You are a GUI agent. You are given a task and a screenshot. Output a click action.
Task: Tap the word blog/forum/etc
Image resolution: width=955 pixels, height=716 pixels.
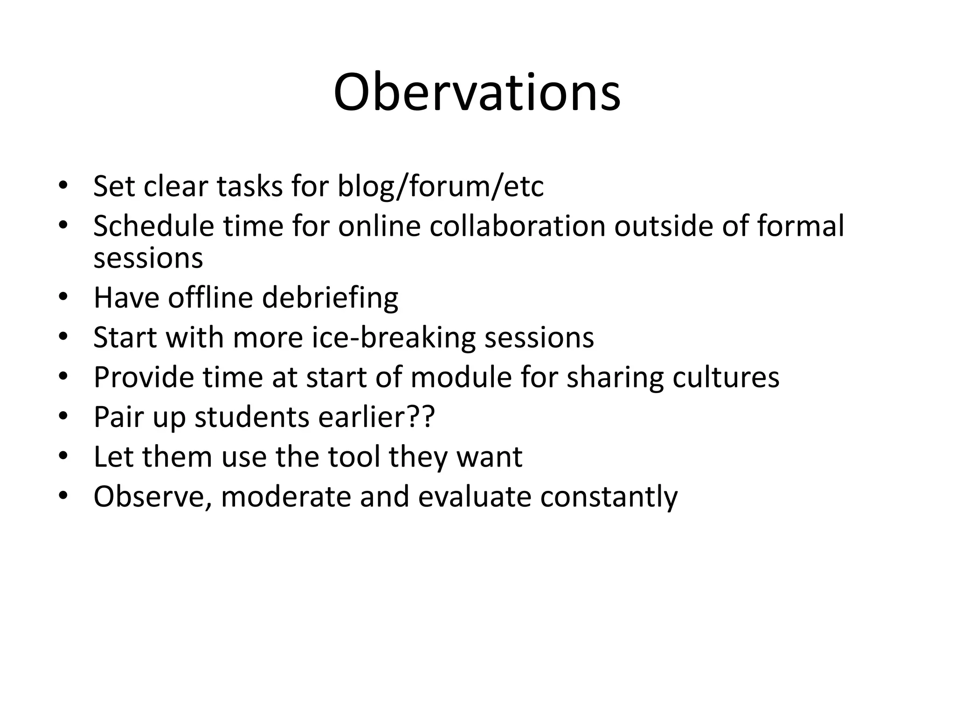point(440,186)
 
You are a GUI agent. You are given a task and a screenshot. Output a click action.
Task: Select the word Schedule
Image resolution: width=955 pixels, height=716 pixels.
point(153,226)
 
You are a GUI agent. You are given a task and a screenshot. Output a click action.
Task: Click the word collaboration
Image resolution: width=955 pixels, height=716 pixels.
point(517,226)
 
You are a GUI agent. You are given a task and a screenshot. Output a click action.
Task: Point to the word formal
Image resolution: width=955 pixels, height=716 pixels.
point(800,226)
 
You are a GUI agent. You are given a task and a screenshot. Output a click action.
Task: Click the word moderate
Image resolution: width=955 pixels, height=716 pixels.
point(285,496)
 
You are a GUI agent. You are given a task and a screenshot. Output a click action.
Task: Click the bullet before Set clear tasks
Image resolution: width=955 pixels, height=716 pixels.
point(63,186)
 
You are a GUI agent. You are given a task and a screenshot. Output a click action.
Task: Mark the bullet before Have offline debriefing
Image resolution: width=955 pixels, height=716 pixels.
point(63,297)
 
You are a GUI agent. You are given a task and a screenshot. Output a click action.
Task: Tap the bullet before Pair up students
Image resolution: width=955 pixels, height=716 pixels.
point(63,416)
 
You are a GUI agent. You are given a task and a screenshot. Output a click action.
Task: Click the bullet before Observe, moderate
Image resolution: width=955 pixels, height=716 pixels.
point(63,496)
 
